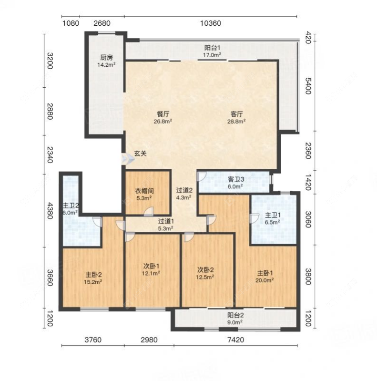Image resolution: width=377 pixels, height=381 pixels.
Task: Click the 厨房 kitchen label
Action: [x=107, y=58]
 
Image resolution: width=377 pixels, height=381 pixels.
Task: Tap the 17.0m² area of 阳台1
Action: [x=212, y=55]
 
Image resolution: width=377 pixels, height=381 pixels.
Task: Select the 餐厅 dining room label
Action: [x=163, y=114]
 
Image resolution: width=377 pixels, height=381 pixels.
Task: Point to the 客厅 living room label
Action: [x=236, y=114]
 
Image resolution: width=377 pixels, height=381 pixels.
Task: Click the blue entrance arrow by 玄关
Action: [x=128, y=159]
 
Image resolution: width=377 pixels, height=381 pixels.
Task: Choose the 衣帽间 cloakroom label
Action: [x=144, y=191]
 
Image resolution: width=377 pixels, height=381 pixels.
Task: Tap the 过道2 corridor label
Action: [x=184, y=191]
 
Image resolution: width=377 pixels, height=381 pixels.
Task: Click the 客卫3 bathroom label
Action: [x=236, y=180]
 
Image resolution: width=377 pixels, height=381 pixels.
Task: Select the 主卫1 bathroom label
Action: [x=273, y=215]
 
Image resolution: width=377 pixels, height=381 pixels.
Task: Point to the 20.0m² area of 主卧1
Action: [x=265, y=280]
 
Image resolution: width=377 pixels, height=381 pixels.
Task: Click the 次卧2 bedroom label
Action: [x=205, y=270]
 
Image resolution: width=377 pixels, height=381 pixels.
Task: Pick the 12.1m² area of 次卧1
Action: [x=151, y=273]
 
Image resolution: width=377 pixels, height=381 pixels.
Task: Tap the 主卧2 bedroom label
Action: [x=93, y=275]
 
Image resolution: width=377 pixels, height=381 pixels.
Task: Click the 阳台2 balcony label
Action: [x=235, y=315]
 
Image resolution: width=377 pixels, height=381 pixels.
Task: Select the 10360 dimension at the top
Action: [x=211, y=23]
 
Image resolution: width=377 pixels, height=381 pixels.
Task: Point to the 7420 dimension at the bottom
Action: [x=235, y=340]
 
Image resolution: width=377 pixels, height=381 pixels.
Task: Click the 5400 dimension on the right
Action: [x=308, y=86]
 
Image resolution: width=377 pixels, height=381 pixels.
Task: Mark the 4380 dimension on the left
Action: [x=50, y=211]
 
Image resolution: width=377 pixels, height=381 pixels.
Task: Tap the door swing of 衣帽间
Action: [x=149, y=211]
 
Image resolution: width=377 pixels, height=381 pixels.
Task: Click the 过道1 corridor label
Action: [x=166, y=221]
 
